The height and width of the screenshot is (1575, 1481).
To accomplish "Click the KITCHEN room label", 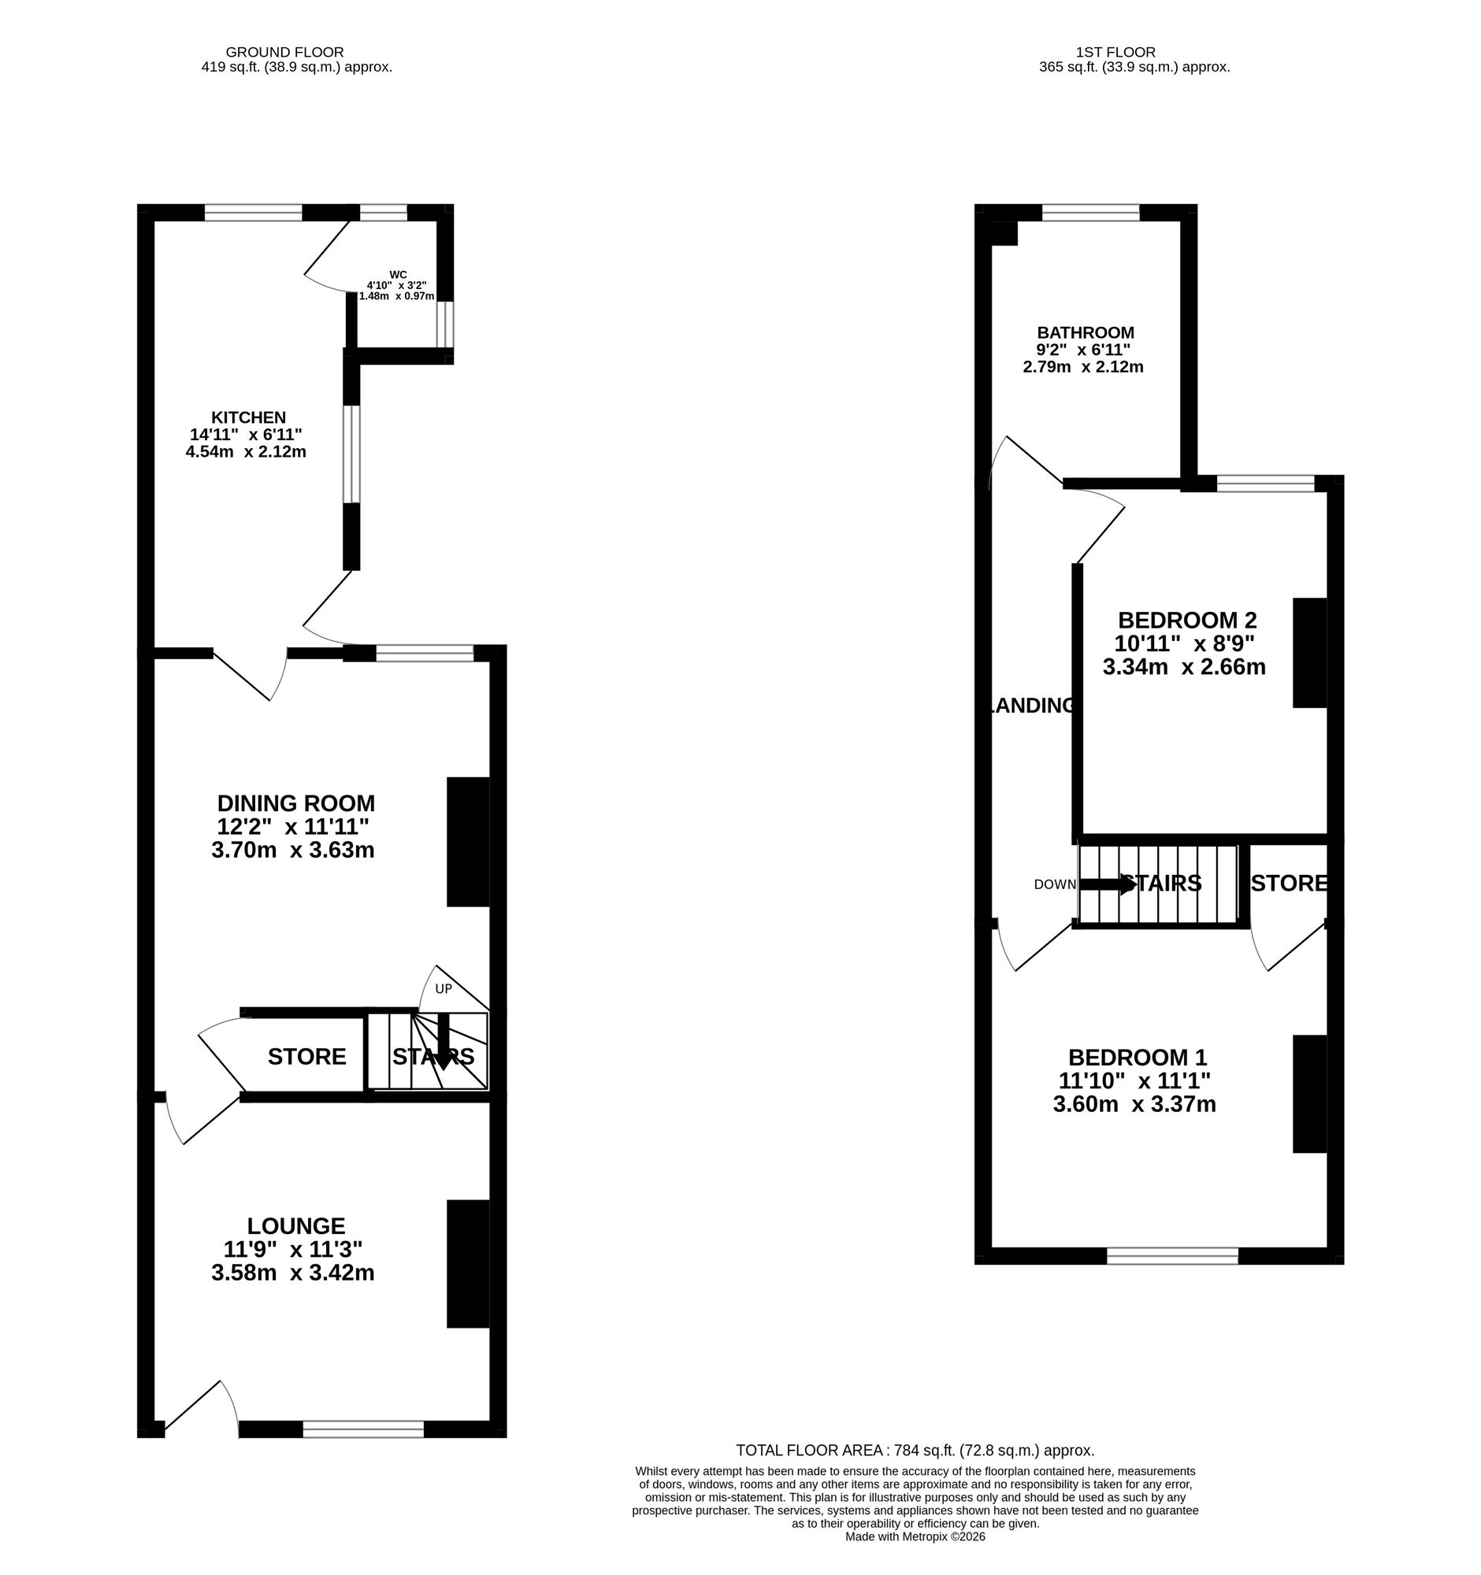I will tap(248, 417).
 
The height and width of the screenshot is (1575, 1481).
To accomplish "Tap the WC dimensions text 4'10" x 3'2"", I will tap(396, 285).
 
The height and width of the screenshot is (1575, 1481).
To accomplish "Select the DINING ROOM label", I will tap(295, 803).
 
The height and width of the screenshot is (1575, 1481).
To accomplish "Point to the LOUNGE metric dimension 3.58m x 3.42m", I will tap(292, 1273).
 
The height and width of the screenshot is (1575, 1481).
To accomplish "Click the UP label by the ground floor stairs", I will tap(444, 989).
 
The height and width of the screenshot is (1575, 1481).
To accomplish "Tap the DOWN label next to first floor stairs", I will tap(1055, 885).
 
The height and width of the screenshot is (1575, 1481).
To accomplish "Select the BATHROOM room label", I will tap(1086, 333).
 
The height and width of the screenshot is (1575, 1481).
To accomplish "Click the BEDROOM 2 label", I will tap(1187, 621).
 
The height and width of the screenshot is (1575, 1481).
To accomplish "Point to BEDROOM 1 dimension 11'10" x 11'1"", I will tap(1134, 1080).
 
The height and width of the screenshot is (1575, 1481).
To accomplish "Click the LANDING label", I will tap(1032, 706).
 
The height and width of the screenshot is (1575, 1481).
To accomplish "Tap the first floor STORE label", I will tap(1289, 884).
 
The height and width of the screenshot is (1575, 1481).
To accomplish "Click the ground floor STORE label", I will tap(306, 1057).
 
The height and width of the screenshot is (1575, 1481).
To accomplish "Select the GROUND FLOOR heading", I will tap(284, 52).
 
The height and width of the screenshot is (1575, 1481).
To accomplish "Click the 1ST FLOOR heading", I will tap(1115, 52).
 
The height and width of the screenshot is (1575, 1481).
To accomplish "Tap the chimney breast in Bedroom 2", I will tap(1309, 653).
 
